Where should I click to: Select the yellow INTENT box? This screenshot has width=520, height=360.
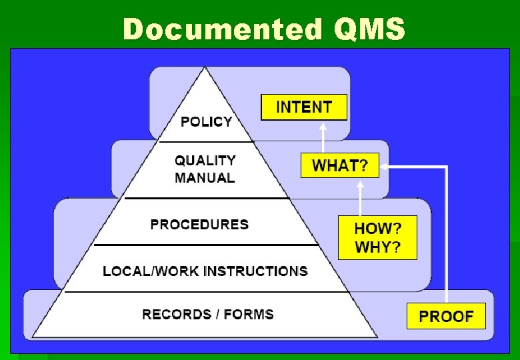pos(304,107)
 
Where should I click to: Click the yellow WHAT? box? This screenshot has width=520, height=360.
pos(339,165)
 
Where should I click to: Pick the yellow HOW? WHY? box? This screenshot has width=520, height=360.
pos(377,237)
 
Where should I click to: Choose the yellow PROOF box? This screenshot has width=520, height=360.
pos(446,316)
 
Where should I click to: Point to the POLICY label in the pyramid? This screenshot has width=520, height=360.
pos(207,121)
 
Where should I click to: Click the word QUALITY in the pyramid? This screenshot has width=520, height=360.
pos(205,161)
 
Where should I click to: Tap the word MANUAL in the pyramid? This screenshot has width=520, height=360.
pos(205,178)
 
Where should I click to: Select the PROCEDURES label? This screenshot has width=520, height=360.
pos(199,224)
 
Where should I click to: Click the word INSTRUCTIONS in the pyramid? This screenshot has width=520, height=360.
pos(255,271)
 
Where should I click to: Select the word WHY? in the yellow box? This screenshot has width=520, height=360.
pos(378,247)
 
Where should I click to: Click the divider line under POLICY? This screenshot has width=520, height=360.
pos(207,141)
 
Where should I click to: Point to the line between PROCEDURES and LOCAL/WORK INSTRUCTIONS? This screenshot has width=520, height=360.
pos(207,245)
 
